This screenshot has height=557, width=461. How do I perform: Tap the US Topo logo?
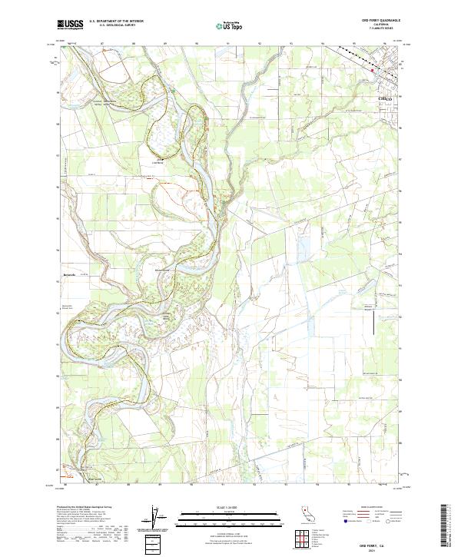[224, 25]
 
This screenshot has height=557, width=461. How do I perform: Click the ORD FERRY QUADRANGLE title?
[376, 21]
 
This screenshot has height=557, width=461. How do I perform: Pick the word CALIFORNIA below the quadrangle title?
[376, 25]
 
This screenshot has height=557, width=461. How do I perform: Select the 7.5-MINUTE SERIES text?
[376, 28]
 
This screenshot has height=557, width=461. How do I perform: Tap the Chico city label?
[385, 99]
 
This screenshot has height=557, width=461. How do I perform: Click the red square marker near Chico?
[373, 71]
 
